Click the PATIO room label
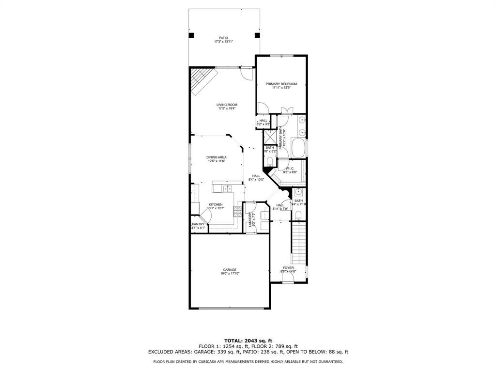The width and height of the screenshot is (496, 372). click(223, 38)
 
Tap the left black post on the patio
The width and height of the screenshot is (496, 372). click(191, 35)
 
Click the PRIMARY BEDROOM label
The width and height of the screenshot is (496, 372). click(281, 84)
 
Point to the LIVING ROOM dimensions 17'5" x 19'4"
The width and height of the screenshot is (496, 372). click(227, 108)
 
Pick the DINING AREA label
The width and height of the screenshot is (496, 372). click(217, 157)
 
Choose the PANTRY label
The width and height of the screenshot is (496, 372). click(198, 224)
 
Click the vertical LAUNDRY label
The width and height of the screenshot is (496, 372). click(250, 219)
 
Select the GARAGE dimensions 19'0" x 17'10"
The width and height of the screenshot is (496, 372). click(230, 274)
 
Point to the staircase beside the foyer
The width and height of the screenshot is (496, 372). click(299, 243)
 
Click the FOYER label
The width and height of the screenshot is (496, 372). click(288, 267)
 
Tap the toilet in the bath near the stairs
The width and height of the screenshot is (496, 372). click(298, 215)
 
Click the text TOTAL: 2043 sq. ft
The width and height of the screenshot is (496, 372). click(248, 340)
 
